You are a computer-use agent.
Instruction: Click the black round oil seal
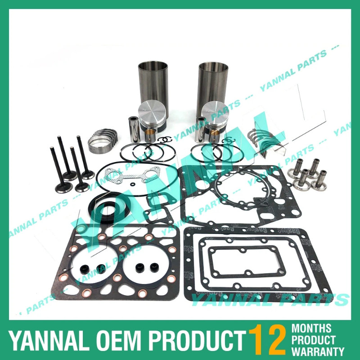108,205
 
